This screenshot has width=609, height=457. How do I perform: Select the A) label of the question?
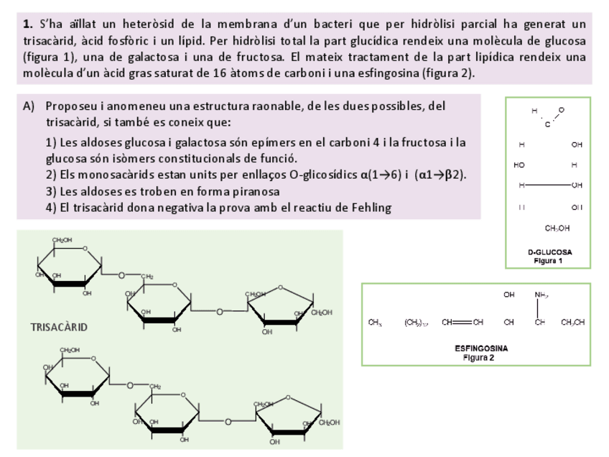click(x=29, y=106)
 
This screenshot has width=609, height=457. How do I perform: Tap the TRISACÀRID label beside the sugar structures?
click(x=59, y=327)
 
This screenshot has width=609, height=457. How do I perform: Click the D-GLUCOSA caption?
click(x=549, y=252)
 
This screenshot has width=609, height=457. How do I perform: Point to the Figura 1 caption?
click(x=549, y=260)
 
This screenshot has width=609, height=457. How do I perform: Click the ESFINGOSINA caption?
click(x=480, y=348)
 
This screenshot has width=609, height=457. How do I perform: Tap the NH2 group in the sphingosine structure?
click(x=541, y=295)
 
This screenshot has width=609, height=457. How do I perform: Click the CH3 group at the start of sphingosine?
click(x=374, y=322)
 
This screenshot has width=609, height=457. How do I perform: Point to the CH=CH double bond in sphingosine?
click(x=462, y=322)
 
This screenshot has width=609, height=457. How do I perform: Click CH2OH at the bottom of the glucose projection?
click(x=557, y=228)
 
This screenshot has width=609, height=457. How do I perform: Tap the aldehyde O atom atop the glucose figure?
click(x=561, y=109)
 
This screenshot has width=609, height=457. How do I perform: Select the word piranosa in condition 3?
click(x=256, y=191)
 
